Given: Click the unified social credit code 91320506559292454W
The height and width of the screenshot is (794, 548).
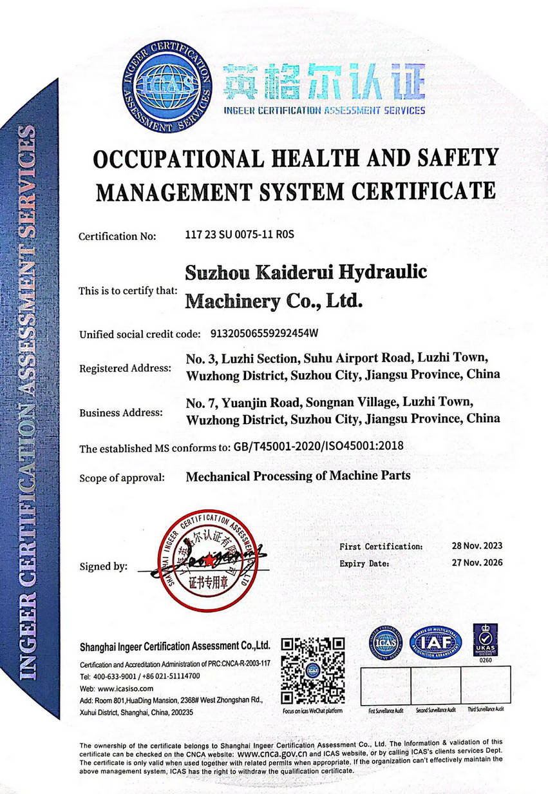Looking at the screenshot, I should [265, 334].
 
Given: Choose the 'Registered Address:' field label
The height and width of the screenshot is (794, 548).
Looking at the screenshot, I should [125, 369].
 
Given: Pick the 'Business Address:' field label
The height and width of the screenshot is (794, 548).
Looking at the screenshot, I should [121, 413].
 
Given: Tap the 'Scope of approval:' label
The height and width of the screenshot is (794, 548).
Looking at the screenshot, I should [122, 478].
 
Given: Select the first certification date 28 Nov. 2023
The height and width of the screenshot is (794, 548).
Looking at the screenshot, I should [477, 546].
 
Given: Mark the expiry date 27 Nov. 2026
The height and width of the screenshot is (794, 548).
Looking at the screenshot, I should [477, 563].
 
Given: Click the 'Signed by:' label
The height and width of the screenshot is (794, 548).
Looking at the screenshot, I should [103, 567].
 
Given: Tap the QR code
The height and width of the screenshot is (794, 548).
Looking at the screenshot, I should [314, 670].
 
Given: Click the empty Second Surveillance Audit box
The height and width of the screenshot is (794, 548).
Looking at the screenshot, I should [436, 686].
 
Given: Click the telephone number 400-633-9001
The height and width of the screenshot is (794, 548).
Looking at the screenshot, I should [114, 676].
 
